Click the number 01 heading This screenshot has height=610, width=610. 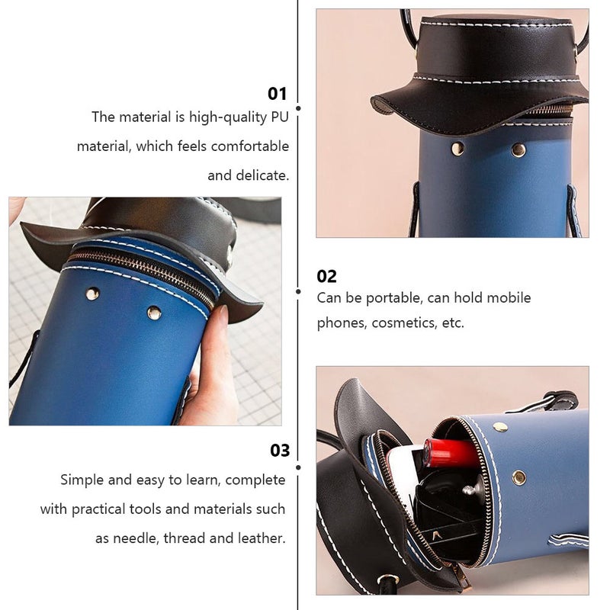[277, 94]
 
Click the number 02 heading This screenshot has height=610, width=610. [326, 277]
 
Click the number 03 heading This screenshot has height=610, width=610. [280, 451]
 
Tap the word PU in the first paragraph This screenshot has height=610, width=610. [280, 117]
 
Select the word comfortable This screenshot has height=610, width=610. [250, 146]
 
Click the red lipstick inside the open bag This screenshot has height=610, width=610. [451, 453]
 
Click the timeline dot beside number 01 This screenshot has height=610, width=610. [298, 108]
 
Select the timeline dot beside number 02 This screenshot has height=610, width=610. [298, 291]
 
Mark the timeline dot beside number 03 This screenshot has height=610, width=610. [298, 467]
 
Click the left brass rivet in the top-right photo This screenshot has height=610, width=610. [457, 148]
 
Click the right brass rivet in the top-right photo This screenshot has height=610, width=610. [518, 149]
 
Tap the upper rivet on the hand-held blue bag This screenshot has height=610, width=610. [92, 294]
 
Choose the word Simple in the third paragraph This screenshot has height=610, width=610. [82, 480]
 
